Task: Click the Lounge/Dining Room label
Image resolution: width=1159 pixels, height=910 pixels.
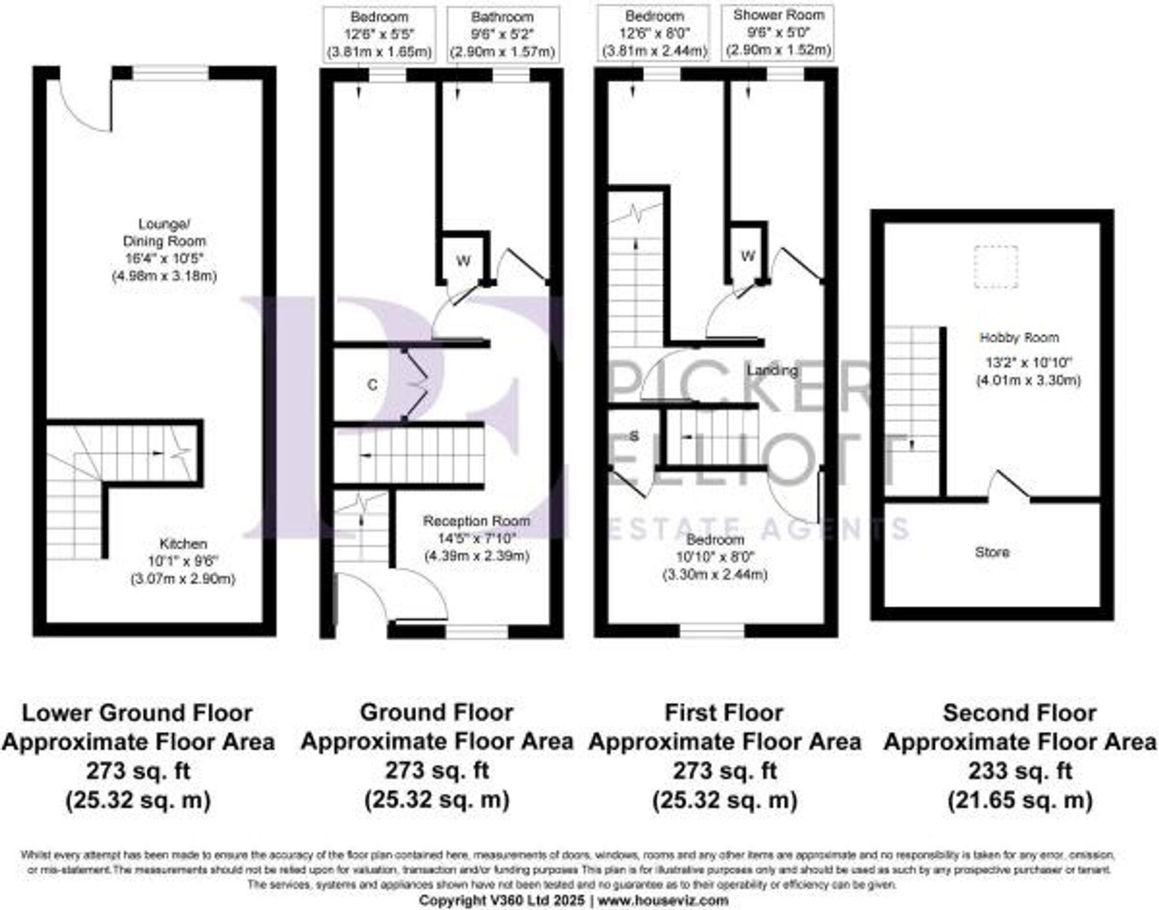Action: point(164,232)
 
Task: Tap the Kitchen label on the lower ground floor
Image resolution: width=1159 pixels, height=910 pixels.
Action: point(183,544)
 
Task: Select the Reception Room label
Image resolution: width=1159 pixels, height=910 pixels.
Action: point(476,520)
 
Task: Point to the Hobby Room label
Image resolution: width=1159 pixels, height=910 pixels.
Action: point(1019,337)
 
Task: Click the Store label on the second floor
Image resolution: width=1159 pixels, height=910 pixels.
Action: point(992,552)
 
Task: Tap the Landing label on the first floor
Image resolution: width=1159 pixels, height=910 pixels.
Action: point(772,370)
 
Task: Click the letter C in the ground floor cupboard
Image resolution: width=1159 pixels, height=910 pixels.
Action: point(373,384)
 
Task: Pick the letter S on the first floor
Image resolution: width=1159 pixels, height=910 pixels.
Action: point(634,436)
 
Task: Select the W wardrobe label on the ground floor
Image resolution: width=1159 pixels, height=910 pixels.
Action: point(463,261)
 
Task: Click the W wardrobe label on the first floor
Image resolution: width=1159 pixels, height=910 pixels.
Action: point(748,256)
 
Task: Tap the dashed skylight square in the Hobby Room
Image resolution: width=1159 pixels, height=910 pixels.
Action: point(996,267)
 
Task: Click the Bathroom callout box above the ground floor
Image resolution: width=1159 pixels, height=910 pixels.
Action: point(502,34)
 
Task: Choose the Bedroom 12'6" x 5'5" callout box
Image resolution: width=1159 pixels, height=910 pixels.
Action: point(380,34)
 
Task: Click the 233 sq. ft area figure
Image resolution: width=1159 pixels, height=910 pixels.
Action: point(1020,771)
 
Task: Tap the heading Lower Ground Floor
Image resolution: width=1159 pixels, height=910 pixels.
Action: point(137,713)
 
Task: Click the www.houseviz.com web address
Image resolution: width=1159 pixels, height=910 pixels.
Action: point(663,901)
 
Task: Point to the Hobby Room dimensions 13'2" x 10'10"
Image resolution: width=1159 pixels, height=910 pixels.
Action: point(1029,363)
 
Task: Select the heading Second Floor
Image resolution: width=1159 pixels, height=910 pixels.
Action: point(1020,713)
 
